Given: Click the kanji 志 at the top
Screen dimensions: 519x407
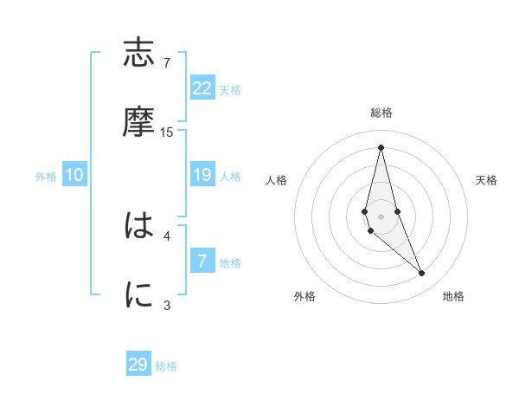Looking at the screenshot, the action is pyautogui.click(x=138, y=54).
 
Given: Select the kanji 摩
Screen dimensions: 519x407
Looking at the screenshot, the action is pyautogui.click(x=138, y=123).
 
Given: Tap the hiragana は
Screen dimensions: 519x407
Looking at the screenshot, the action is pyautogui.click(x=138, y=227).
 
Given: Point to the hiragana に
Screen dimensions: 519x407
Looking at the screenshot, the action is pyautogui.click(x=138, y=296).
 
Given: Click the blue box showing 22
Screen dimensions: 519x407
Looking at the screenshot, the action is pyautogui.click(x=202, y=88).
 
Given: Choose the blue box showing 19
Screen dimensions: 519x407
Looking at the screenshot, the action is pyautogui.click(x=202, y=175).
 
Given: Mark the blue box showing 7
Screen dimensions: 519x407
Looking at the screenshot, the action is pyautogui.click(x=202, y=262).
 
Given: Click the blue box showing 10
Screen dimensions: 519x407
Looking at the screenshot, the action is pyautogui.click(x=74, y=175).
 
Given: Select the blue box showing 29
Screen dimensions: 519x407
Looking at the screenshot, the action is pyautogui.click(x=138, y=365).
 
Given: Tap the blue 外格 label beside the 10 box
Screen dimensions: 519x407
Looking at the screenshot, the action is pyautogui.click(x=46, y=177).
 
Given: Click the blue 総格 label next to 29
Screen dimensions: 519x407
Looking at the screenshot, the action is pyautogui.click(x=166, y=366).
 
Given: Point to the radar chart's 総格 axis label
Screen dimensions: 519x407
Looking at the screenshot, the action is pyautogui.click(x=381, y=113).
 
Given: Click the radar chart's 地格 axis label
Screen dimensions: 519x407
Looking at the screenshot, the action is pyautogui.click(x=453, y=296).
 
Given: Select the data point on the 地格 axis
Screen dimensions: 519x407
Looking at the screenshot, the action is pyautogui.click(x=422, y=274).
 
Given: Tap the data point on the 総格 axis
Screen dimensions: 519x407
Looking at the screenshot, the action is pyautogui.click(x=381, y=147).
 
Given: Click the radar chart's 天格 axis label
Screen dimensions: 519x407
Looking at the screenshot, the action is pyautogui.click(x=486, y=180).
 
